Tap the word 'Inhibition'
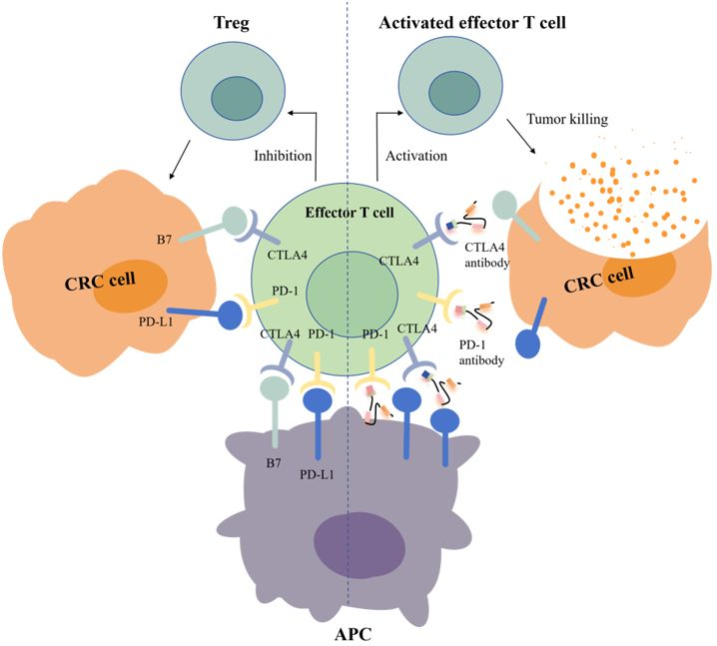click(284, 156)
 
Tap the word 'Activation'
click(414, 157)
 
